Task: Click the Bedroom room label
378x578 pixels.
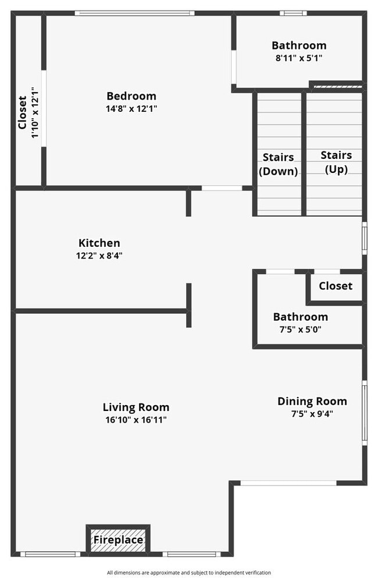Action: click(131, 96)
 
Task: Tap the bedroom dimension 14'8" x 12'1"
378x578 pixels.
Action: click(131, 108)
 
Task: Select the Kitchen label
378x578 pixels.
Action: click(99, 243)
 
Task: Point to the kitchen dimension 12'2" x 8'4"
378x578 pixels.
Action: click(99, 255)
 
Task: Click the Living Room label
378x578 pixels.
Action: click(136, 407)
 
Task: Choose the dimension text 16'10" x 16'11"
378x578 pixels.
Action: click(136, 420)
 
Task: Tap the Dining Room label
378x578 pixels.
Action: click(312, 401)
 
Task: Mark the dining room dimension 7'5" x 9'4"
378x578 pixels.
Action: click(312, 414)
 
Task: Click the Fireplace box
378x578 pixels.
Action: click(118, 540)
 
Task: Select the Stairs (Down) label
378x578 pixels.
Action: click(278, 164)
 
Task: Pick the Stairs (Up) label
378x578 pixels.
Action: click(336, 162)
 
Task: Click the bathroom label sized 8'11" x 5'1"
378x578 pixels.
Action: click(299, 45)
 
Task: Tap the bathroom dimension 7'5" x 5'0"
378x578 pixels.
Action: click(300, 329)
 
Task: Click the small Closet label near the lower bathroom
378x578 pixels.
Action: click(336, 286)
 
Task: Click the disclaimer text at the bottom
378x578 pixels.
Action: click(189, 572)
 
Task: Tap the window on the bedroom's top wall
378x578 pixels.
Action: click(134, 13)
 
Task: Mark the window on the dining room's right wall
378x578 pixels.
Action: click(365, 411)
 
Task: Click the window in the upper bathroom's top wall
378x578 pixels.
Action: click(293, 13)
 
